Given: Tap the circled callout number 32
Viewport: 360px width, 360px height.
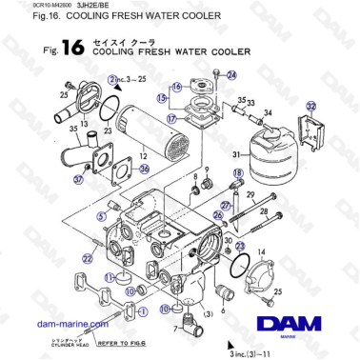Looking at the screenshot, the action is coord(310,109).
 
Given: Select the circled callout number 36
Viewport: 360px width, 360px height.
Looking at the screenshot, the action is coord(145,169).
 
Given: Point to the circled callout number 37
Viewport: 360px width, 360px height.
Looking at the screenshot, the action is coord(78,179).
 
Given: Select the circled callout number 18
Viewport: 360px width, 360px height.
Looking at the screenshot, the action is coord(238,170).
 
